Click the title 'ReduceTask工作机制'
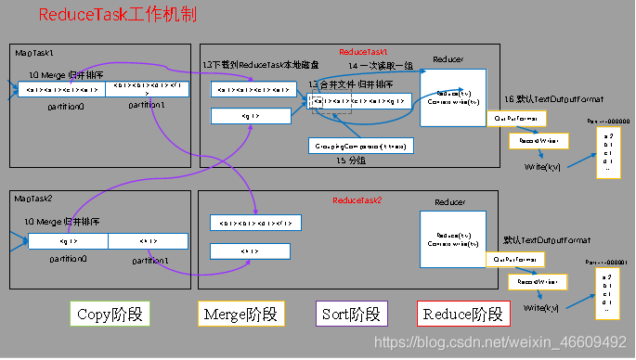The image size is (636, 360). (x=116, y=17)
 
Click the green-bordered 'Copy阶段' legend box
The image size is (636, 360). (x=110, y=314)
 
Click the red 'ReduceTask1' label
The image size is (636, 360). (x=363, y=52)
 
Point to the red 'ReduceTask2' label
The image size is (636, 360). (x=357, y=200)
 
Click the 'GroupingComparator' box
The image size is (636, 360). (x=360, y=146)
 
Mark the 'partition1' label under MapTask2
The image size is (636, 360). (x=151, y=261)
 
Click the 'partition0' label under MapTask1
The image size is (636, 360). (x=66, y=107)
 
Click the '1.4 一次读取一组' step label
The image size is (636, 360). (x=381, y=67)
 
